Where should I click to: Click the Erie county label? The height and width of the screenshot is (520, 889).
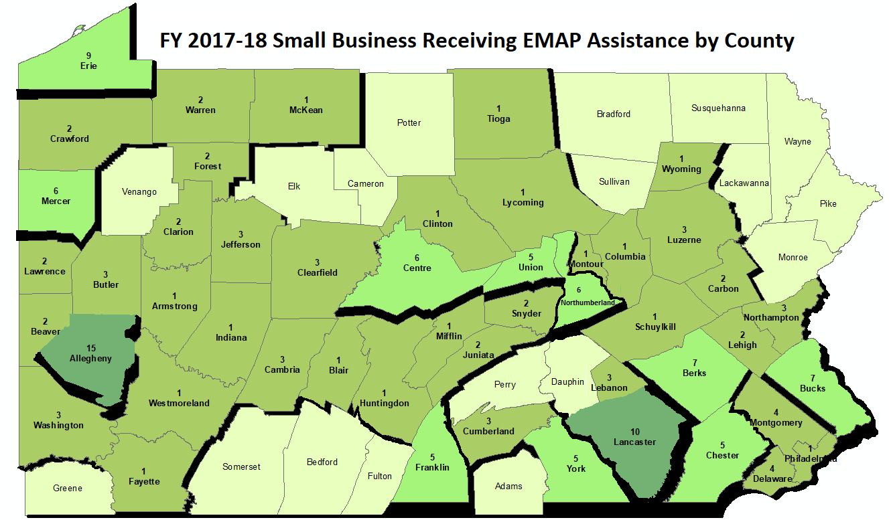88,66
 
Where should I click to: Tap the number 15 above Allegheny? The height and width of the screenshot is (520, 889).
92,348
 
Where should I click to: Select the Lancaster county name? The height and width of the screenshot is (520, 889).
635,442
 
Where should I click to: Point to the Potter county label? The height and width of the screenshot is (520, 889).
409,122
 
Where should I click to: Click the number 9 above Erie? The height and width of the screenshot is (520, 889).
88,55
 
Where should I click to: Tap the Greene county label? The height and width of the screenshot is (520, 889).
68,488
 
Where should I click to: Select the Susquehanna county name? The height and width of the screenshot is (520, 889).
718,108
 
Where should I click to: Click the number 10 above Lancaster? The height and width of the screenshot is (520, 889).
635,431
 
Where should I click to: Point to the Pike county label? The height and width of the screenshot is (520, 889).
827,204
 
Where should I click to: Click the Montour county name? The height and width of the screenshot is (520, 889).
586,264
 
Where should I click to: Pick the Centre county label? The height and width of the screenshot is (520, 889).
417,268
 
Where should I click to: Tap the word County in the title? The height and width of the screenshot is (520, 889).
759,40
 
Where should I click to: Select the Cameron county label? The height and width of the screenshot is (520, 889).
366,183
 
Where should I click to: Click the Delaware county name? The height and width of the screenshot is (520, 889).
772,479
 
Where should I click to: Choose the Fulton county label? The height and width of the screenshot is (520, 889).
380,476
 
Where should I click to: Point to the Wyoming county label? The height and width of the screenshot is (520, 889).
681,169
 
